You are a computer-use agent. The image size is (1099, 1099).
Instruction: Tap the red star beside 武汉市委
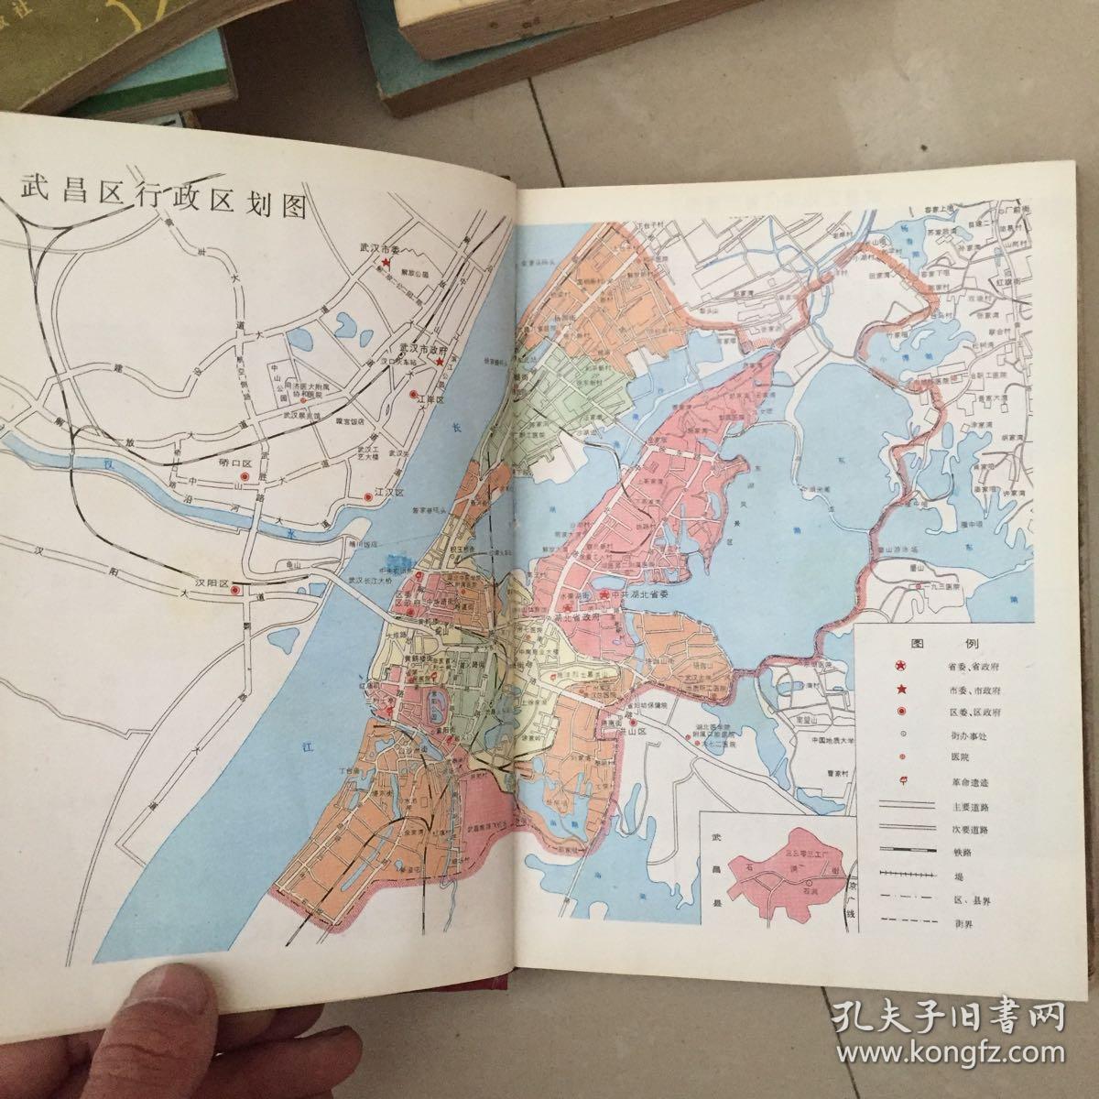click(386, 263)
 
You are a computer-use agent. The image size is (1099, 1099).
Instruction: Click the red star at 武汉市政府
click(441, 362)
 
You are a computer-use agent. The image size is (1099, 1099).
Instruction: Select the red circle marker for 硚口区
click(244, 477)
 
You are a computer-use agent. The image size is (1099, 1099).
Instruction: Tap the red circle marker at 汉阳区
click(235, 591)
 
